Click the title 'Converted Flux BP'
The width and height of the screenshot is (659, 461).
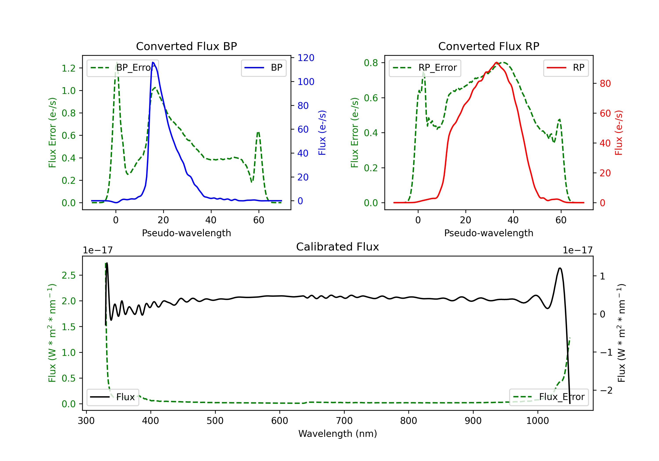tap(186, 46)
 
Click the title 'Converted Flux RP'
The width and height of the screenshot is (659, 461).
tap(489, 46)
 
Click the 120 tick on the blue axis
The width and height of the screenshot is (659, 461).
tap(306, 58)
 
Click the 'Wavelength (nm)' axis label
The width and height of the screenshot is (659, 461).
tap(338, 434)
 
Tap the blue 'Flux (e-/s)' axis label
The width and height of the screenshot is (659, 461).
tap(322, 133)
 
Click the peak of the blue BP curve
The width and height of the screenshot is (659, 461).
tap(153, 62)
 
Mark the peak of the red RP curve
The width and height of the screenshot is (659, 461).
tap(496, 62)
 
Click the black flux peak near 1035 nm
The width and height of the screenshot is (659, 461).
tap(560, 268)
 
